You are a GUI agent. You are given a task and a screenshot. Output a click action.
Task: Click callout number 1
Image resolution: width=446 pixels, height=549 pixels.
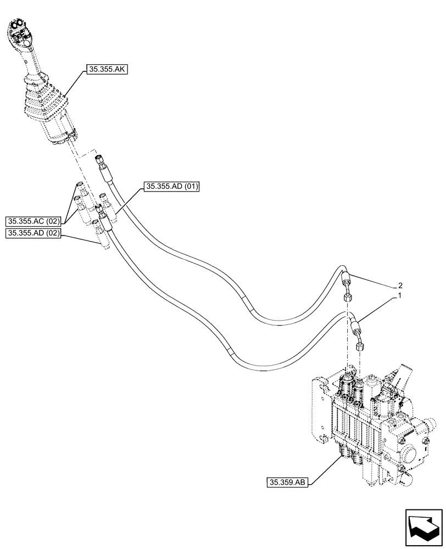pyautogui.click(x=399, y=296)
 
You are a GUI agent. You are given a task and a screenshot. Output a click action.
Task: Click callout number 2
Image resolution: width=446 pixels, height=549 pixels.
pyautogui.click(x=399, y=285)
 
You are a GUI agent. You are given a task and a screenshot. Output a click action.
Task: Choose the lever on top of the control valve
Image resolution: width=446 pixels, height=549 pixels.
pyautogui.click(x=403, y=376)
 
